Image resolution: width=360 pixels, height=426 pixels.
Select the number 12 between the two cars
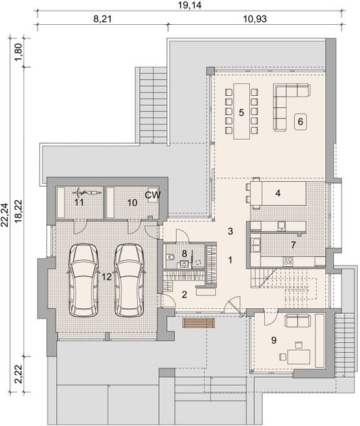[107, 276]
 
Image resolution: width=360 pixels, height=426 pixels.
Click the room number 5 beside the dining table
[241, 112]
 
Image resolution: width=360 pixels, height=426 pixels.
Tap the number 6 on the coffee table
[300, 121]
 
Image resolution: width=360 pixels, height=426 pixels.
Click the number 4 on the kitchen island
[278, 192]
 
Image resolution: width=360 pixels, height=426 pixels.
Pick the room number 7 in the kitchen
[293, 245]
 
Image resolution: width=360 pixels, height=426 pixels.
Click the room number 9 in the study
[273, 340]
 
